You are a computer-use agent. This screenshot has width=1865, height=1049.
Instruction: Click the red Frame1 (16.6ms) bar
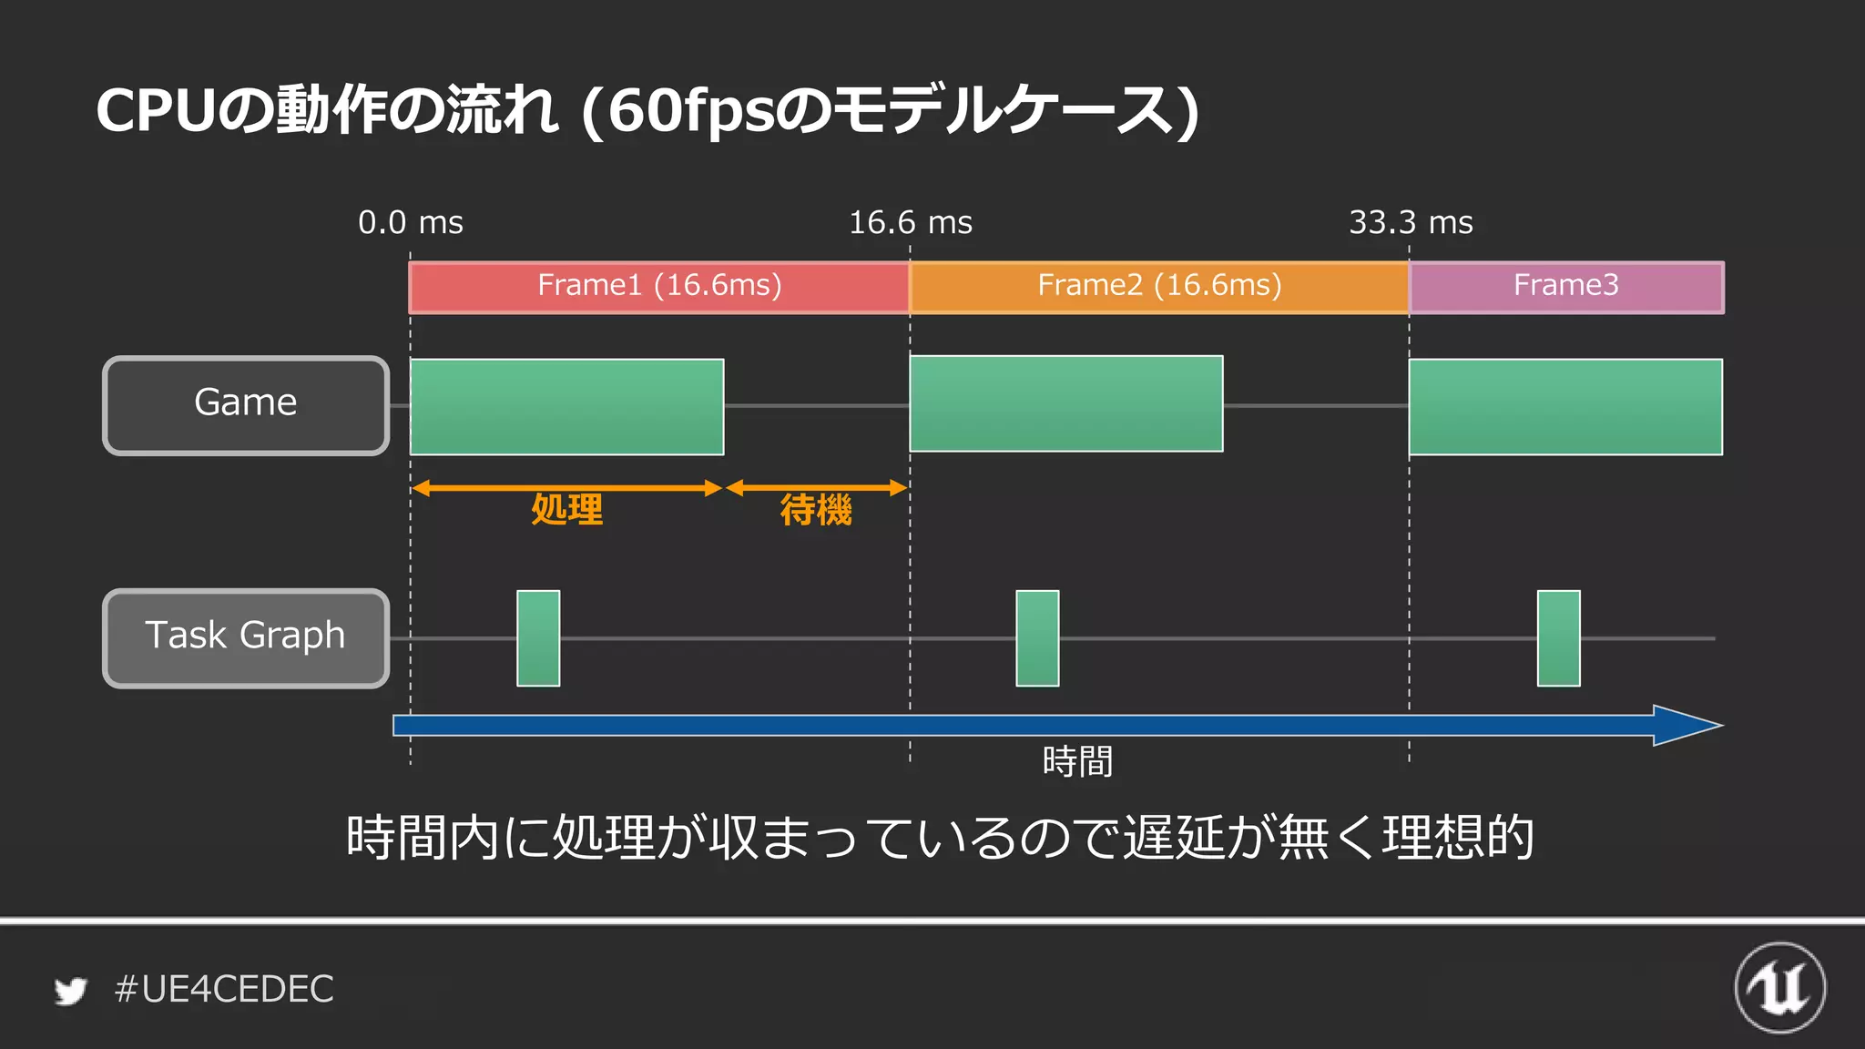pyautogui.click(x=658, y=287)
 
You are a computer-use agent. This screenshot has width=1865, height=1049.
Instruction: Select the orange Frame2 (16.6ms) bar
pyautogui.click(x=1158, y=287)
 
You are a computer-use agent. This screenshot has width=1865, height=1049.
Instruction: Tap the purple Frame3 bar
pyautogui.click(x=1566, y=287)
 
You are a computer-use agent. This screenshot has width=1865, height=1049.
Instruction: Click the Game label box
pyautogui.click(x=246, y=405)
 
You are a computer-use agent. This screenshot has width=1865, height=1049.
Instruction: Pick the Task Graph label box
pyautogui.click(x=246, y=637)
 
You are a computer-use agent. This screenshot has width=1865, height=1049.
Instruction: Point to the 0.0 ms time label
pyautogui.click(x=410, y=223)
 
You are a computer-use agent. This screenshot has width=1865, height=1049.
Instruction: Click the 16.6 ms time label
pyautogui.click(x=910, y=223)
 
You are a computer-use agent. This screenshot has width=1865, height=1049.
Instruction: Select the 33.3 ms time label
pyautogui.click(x=1411, y=223)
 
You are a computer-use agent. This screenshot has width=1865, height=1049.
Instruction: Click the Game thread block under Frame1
pyautogui.click(x=566, y=406)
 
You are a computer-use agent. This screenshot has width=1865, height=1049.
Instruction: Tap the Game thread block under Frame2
pyautogui.click(x=1065, y=403)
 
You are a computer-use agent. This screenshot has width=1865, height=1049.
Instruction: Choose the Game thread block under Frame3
pyautogui.click(x=1565, y=406)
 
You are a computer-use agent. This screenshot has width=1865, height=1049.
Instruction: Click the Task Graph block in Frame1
pyautogui.click(x=538, y=637)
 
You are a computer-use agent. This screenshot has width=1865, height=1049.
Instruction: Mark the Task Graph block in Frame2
pyautogui.click(x=1037, y=637)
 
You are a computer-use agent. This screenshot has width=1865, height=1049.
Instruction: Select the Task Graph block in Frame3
pyautogui.click(x=1558, y=637)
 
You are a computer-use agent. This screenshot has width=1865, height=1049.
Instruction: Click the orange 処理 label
pyautogui.click(x=566, y=510)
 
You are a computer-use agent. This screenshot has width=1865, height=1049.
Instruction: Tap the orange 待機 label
pyautogui.click(x=816, y=510)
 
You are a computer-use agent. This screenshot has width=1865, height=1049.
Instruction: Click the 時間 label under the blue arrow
pyautogui.click(x=1077, y=761)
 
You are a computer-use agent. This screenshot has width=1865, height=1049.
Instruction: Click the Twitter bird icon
pyautogui.click(x=70, y=991)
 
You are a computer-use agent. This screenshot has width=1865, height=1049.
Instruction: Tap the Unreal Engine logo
pyautogui.click(x=1779, y=988)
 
